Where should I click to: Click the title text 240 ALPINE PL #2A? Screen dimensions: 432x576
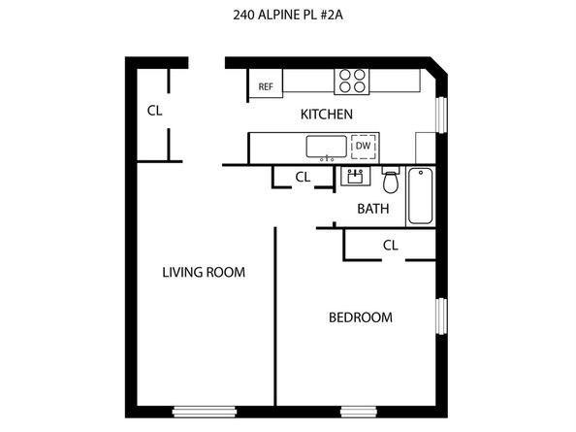pos(288,15)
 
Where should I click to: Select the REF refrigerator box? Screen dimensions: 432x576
pos(265,86)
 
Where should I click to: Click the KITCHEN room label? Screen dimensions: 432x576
pos(326,115)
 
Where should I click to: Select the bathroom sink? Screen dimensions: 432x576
pos(353,178)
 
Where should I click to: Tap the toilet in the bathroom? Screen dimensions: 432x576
pos(391,181)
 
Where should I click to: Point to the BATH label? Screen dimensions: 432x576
pos(372,208)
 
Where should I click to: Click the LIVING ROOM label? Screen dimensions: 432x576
pos(203,273)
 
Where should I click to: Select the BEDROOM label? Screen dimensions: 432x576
pos(360,317)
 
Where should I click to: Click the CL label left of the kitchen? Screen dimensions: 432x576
pos(154,110)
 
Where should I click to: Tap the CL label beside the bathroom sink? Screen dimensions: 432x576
pos(303,177)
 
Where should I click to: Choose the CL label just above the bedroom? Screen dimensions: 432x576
pos(390,246)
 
